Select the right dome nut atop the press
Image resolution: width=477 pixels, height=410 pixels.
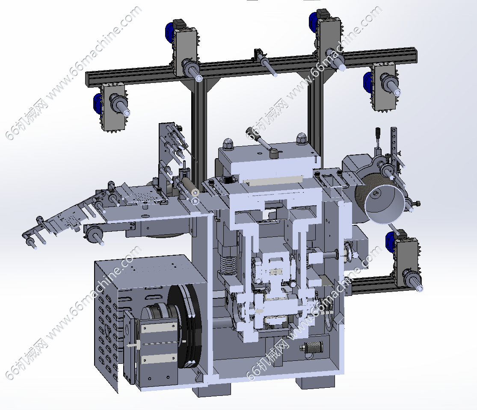point(301,139)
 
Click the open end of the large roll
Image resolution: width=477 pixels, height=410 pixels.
point(385,204)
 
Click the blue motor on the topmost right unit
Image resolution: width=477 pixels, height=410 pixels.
point(313,22)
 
